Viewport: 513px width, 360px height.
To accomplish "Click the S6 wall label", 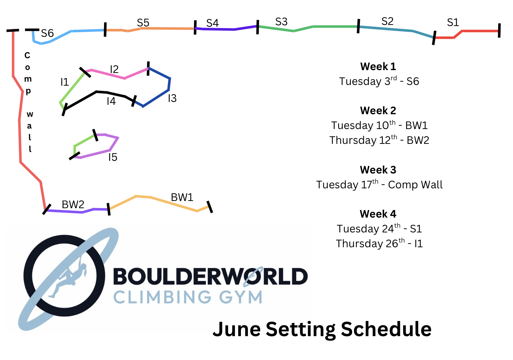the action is (47, 33).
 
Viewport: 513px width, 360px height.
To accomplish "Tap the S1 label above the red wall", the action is (453, 22).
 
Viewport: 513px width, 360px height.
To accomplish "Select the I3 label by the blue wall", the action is (172, 98).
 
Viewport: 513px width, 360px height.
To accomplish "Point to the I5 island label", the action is (113, 157).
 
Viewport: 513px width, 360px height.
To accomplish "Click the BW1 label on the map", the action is (182, 197).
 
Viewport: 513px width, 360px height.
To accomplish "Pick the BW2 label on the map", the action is (73, 205).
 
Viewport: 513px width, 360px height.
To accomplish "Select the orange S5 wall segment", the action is (150, 29).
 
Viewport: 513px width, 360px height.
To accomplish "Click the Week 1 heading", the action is (378, 67).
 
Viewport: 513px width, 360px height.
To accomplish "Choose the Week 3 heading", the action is (378, 170).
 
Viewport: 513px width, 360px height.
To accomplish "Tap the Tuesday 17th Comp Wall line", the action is (379, 184).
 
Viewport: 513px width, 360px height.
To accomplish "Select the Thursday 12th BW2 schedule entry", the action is (379, 140).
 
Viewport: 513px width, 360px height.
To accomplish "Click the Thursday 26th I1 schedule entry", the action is (379, 243).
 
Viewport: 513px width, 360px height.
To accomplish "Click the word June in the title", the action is (237, 329).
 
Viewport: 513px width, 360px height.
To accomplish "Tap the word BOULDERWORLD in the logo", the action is (211, 276).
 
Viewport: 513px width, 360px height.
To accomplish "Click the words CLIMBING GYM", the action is (188, 297).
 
